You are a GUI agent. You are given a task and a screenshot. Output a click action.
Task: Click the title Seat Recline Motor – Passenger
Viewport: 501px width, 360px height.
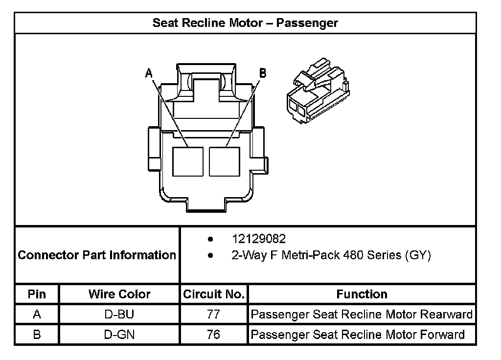(x=245, y=23)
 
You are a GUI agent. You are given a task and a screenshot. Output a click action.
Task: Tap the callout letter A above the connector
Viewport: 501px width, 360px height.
(x=149, y=73)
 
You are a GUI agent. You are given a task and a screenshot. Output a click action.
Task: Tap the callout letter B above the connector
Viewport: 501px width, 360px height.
(x=263, y=73)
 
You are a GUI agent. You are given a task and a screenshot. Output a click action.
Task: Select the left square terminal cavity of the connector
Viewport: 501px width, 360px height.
(x=188, y=161)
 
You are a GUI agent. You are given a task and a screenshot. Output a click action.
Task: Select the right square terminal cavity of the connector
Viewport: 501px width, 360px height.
(x=225, y=161)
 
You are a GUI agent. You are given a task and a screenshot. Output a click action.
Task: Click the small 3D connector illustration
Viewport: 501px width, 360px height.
(x=318, y=90)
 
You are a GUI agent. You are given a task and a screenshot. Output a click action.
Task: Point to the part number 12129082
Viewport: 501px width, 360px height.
(x=259, y=239)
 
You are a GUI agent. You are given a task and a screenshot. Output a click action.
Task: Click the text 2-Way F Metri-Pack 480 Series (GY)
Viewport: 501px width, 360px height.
(x=331, y=255)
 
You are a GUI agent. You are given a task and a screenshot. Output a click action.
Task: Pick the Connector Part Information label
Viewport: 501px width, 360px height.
(x=97, y=255)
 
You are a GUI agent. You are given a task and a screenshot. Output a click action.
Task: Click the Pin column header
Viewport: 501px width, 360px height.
(x=37, y=294)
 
